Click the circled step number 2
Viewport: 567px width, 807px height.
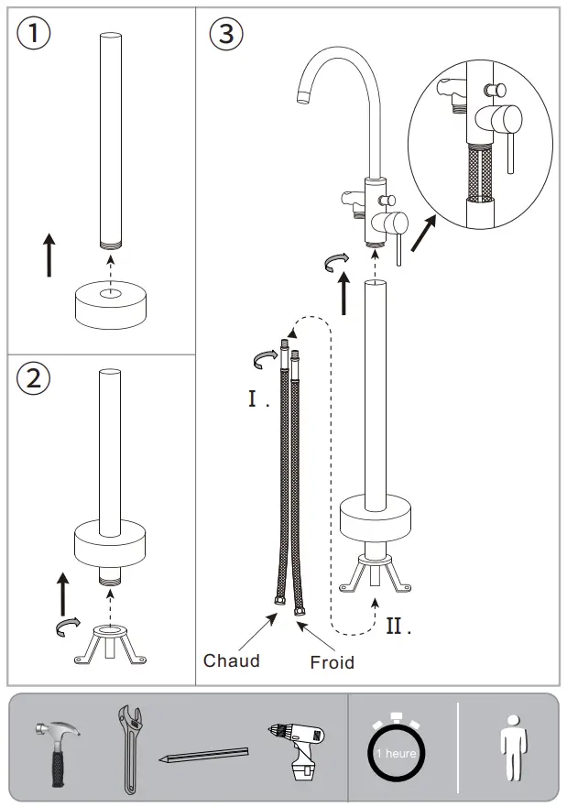click(x=34, y=378)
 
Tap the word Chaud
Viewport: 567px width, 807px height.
click(x=232, y=660)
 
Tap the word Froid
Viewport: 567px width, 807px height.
click(x=332, y=661)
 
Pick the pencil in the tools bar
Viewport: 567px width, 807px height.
click(x=204, y=755)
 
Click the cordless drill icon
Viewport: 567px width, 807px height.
click(x=299, y=747)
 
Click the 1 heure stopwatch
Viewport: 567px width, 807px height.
click(x=396, y=751)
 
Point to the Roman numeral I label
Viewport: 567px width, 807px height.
click(x=256, y=399)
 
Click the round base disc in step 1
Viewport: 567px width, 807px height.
click(x=109, y=306)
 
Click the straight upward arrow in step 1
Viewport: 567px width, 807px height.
click(x=49, y=254)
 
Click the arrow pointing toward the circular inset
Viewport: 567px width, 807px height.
click(x=424, y=233)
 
